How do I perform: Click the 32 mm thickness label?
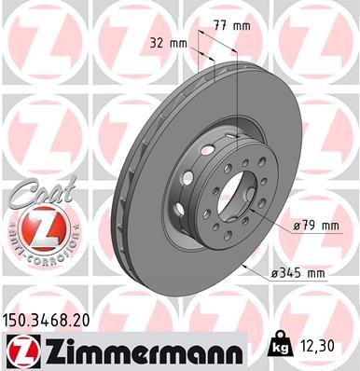point(168,44)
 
